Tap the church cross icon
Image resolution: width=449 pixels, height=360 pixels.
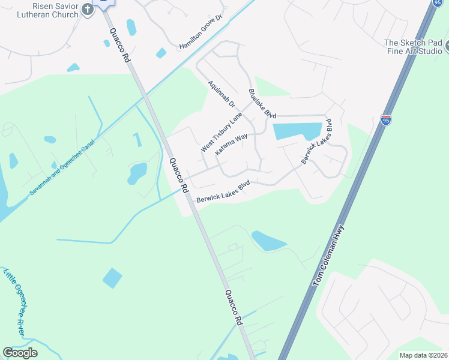point(88,9)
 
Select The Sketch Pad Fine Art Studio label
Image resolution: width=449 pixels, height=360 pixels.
point(413,47)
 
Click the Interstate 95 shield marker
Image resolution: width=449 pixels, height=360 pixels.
point(386,120)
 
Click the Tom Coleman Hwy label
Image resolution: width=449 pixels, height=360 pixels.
point(329,255)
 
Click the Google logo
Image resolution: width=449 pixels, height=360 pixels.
point(20,353)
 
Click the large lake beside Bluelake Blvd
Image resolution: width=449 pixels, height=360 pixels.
point(297,131)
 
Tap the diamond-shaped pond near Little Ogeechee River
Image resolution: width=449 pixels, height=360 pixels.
point(112,278)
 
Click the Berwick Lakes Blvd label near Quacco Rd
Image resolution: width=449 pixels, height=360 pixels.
point(223,191)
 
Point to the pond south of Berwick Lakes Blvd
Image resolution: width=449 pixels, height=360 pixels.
point(268,241)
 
